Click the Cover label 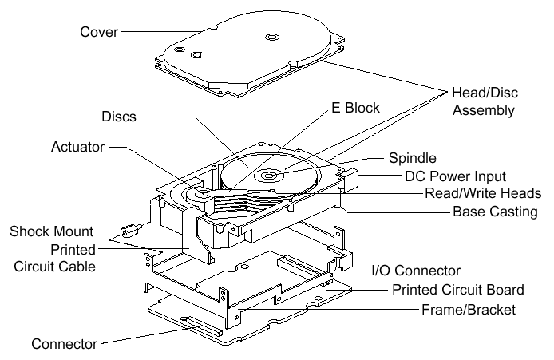click(99, 32)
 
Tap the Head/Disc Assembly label click(483, 101)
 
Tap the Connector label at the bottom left click(64, 344)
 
